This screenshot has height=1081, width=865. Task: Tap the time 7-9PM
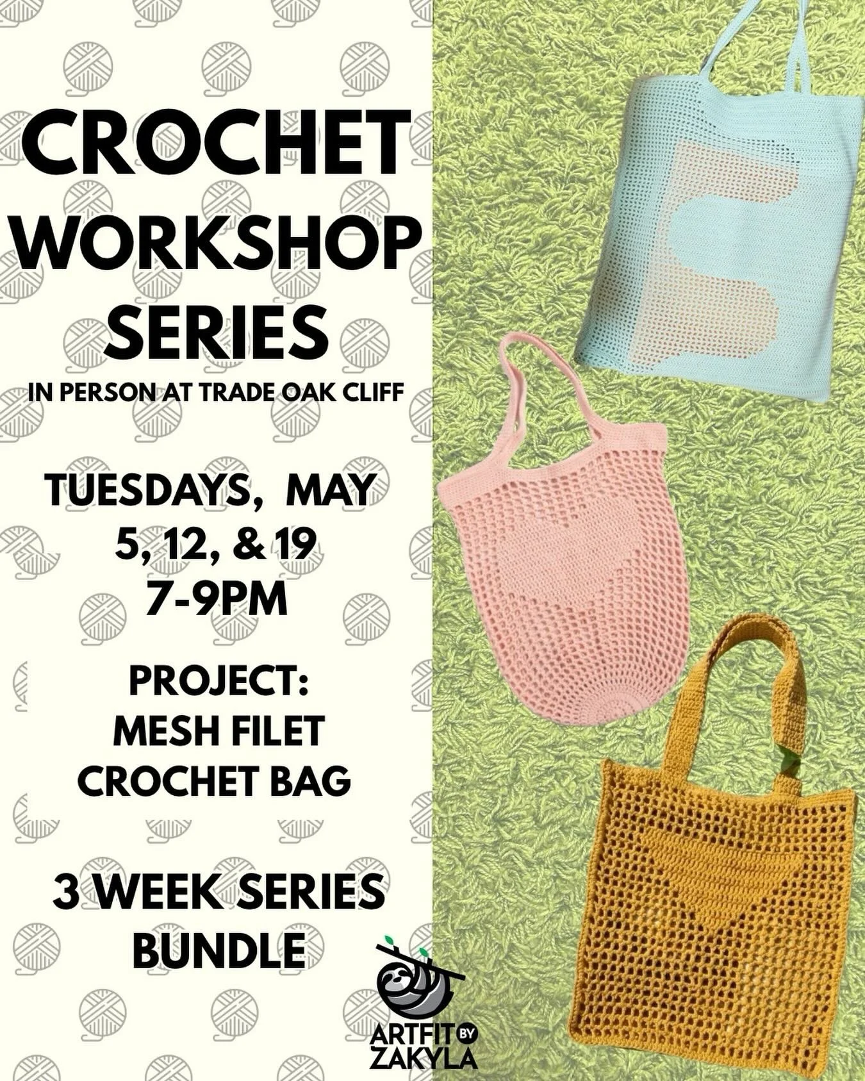[x=216, y=600]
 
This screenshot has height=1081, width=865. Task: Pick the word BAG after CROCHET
[x=314, y=780]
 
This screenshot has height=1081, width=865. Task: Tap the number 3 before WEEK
[x=66, y=894]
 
